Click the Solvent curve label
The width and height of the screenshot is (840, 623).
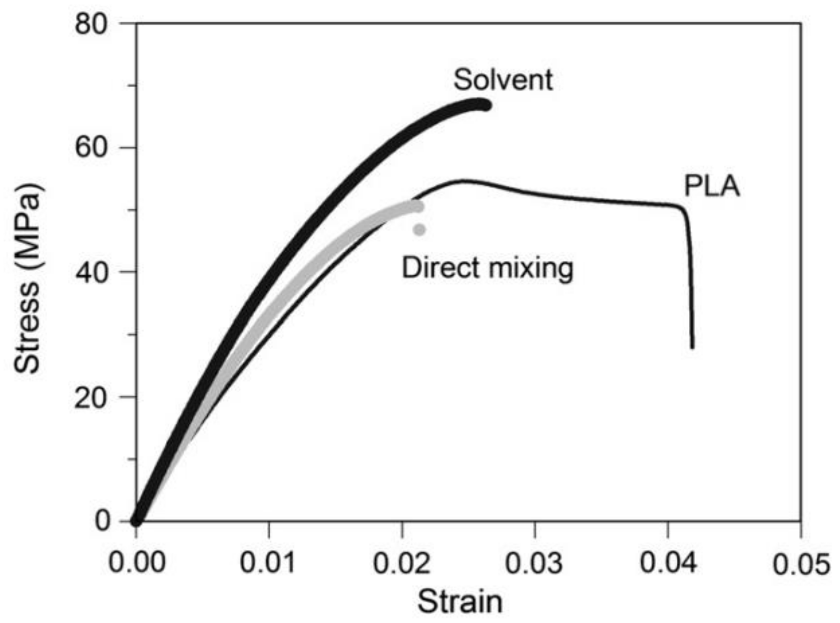pyautogui.click(x=503, y=80)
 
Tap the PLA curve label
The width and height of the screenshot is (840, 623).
pyautogui.click(x=712, y=186)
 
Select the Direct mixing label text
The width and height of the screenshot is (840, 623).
pyautogui.click(x=487, y=268)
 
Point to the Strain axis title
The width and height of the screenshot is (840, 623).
pyautogui.click(x=460, y=602)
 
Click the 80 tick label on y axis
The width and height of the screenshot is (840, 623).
pyautogui.click(x=91, y=25)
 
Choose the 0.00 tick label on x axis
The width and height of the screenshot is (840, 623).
pyautogui.click(x=137, y=562)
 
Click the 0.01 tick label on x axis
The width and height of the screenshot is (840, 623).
pyautogui.click(x=268, y=562)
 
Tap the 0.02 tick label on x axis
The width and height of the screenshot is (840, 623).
pyautogui.click(x=401, y=562)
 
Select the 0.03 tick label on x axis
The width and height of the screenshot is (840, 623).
pyautogui.click(x=534, y=562)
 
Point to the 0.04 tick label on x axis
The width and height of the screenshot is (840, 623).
pyautogui.click(x=668, y=562)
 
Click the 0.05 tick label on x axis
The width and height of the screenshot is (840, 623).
pyautogui.click(x=801, y=563)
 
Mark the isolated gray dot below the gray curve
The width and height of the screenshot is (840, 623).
pyautogui.click(x=420, y=230)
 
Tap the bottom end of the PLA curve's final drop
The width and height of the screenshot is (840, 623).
pyautogui.click(x=692, y=347)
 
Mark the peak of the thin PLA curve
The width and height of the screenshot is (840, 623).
pyautogui.click(x=463, y=181)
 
